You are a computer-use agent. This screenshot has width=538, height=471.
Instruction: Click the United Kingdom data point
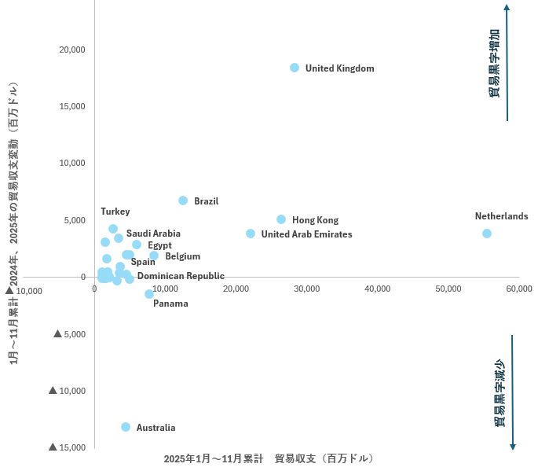click(x=295, y=68)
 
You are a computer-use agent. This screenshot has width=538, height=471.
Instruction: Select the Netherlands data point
click(x=487, y=234)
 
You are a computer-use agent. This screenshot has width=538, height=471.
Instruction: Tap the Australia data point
click(x=126, y=427)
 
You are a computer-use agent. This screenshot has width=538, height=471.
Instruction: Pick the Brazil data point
click(x=183, y=201)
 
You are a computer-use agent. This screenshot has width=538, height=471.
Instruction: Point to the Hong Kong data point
click(x=281, y=219)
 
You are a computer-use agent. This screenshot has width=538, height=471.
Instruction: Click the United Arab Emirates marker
click(x=251, y=234)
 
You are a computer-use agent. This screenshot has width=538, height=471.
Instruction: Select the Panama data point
click(x=149, y=294)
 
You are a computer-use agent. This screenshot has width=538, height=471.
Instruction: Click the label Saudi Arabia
click(x=153, y=234)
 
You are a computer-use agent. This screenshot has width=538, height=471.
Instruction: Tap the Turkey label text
click(x=115, y=212)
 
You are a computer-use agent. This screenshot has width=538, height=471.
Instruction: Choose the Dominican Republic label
click(x=181, y=276)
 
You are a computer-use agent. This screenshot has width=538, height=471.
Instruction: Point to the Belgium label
click(x=182, y=256)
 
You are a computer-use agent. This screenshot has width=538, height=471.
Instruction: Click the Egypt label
click(x=159, y=245)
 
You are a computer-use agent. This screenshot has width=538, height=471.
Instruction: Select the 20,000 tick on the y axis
click(x=72, y=50)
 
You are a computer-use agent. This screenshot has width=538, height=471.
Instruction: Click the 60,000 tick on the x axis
click(x=519, y=289)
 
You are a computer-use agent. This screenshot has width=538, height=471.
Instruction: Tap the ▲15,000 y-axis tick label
click(x=67, y=447)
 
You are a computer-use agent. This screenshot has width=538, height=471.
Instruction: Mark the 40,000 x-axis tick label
click(x=378, y=289)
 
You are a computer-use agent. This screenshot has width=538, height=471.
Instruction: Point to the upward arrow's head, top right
click(x=507, y=8)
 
